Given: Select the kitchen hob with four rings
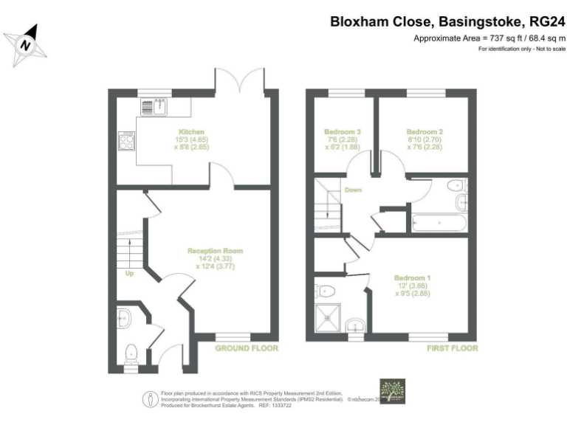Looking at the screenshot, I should [x=126, y=141].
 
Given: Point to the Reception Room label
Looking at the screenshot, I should [x=215, y=251].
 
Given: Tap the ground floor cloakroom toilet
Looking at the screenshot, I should [x=132, y=353].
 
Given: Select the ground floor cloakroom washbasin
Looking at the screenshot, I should [x=123, y=318].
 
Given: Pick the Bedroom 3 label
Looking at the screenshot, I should [x=340, y=133].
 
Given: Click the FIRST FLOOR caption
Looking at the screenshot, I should [x=452, y=348].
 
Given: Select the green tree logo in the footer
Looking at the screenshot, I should [x=391, y=391].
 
